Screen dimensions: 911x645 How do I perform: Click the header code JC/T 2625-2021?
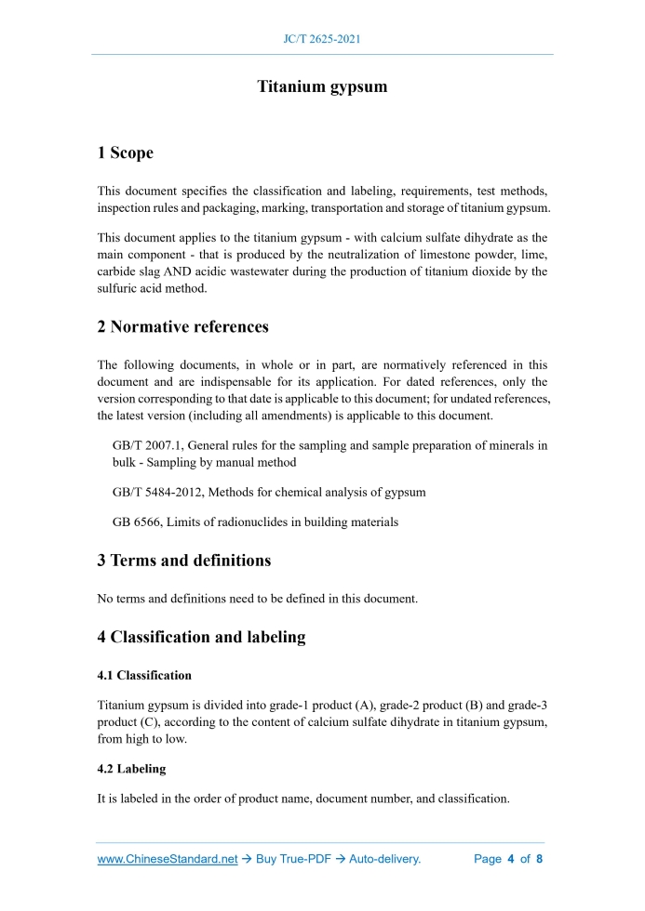(x=322, y=39)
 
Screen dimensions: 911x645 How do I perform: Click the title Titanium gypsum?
(x=322, y=87)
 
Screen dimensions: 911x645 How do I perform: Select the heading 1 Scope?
(x=126, y=152)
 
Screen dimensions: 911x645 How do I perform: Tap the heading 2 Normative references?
(x=182, y=326)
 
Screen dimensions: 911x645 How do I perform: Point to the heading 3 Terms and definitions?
(x=184, y=561)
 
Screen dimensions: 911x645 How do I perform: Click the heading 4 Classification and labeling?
(x=201, y=637)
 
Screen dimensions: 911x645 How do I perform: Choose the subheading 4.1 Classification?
(x=144, y=675)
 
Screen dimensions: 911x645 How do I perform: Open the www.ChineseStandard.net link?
(x=168, y=859)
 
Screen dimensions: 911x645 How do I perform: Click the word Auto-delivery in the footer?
(x=384, y=859)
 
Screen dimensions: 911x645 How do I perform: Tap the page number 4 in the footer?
(x=511, y=859)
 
